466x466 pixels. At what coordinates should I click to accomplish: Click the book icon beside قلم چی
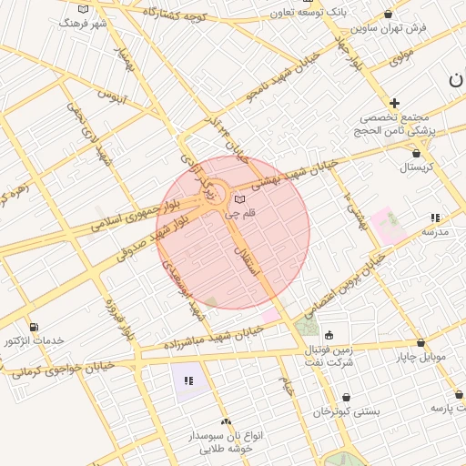pyautogui.click(x=239, y=199)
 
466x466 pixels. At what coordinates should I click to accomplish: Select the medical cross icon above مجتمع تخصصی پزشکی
pyautogui.click(x=394, y=104)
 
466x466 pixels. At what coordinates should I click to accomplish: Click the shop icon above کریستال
pyautogui.click(x=416, y=153)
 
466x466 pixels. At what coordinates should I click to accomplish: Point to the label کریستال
pyautogui.click(x=418, y=167)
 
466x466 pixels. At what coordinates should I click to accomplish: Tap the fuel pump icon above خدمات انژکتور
pyautogui.click(x=34, y=327)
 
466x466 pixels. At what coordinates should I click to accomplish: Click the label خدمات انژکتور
pyautogui.click(x=35, y=340)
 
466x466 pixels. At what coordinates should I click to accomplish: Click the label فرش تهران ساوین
pyautogui.click(x=393, y=28)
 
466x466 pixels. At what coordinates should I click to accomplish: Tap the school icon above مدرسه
pyautogui.click(x=435, y=218)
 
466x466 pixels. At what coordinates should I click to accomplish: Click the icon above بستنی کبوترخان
pyautogui.click(x=346, y=397)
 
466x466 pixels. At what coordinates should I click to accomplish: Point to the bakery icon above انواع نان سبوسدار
pyautogui.click(x=226, y=421)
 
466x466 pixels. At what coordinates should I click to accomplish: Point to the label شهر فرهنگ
pyautogui.click(x=83, y=23)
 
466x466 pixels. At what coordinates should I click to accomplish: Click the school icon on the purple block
pyautogui.click(x=189, y=380)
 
